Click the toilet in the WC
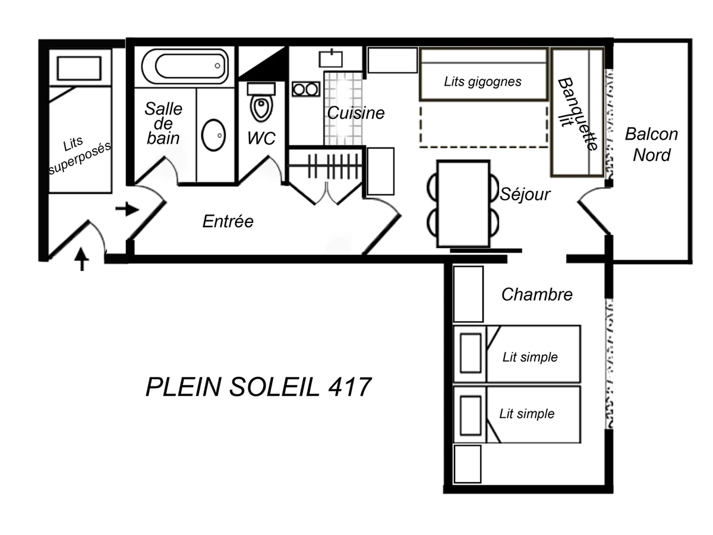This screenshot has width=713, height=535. (x=260, y=103)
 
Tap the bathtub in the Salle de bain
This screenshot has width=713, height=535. (x=185, y=66)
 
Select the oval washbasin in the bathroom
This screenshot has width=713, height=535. (x=213, y=136)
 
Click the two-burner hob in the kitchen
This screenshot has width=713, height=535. (x=305, y=89)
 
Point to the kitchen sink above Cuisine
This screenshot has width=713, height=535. (x=332, y=58)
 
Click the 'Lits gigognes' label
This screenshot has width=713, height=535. (x=482, y=81)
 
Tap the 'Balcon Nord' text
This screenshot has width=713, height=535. (x=651, y=144)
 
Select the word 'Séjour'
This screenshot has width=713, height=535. (x=525, y=194)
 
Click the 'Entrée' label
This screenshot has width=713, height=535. (x=228, y=222)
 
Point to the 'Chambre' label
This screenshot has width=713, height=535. (x=537, y=294)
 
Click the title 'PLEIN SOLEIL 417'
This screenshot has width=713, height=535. (x=258, y=388)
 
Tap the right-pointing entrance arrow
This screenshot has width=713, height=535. (x=127, y=209)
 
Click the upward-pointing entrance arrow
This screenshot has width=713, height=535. (x=81, y=259)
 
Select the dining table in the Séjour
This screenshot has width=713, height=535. (x=463, y=203)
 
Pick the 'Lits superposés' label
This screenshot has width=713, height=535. (x=79, y=156)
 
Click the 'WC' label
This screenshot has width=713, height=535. (x=261, y=139)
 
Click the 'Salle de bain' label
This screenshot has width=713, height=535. (x=163, y=124)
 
